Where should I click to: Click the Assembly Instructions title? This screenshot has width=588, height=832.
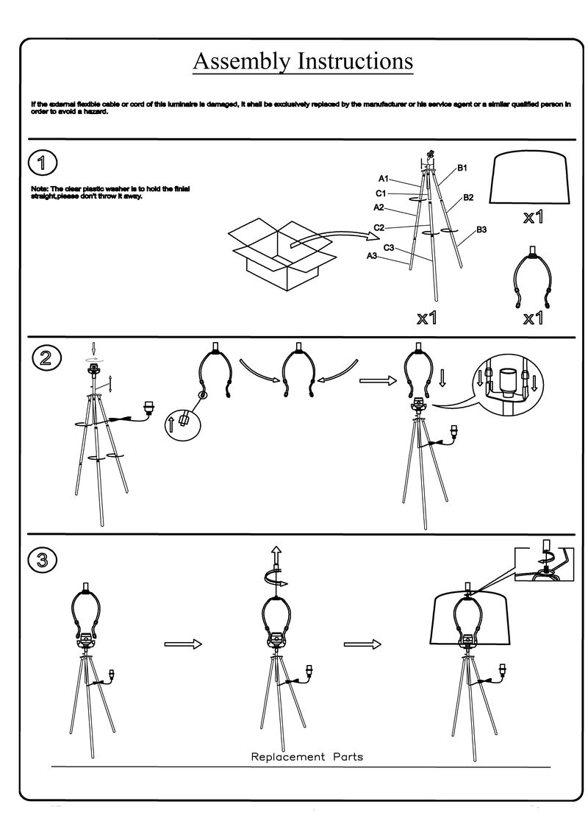point(302,61)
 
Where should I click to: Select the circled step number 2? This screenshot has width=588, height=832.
point(46,358)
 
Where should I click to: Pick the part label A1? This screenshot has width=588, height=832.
point(384,179)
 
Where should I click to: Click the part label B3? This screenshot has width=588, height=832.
point(482,230)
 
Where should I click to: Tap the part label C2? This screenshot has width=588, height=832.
point(379,228)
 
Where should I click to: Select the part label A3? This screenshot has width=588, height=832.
point(372,255)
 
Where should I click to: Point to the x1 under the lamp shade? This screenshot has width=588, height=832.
point(534,218)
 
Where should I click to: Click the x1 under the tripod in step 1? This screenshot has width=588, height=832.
point(427,318)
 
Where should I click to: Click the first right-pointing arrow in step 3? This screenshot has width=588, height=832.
point(182,644)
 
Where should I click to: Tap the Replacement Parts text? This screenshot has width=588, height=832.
point(307,756)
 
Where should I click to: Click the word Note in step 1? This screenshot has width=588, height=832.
point(39,189)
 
